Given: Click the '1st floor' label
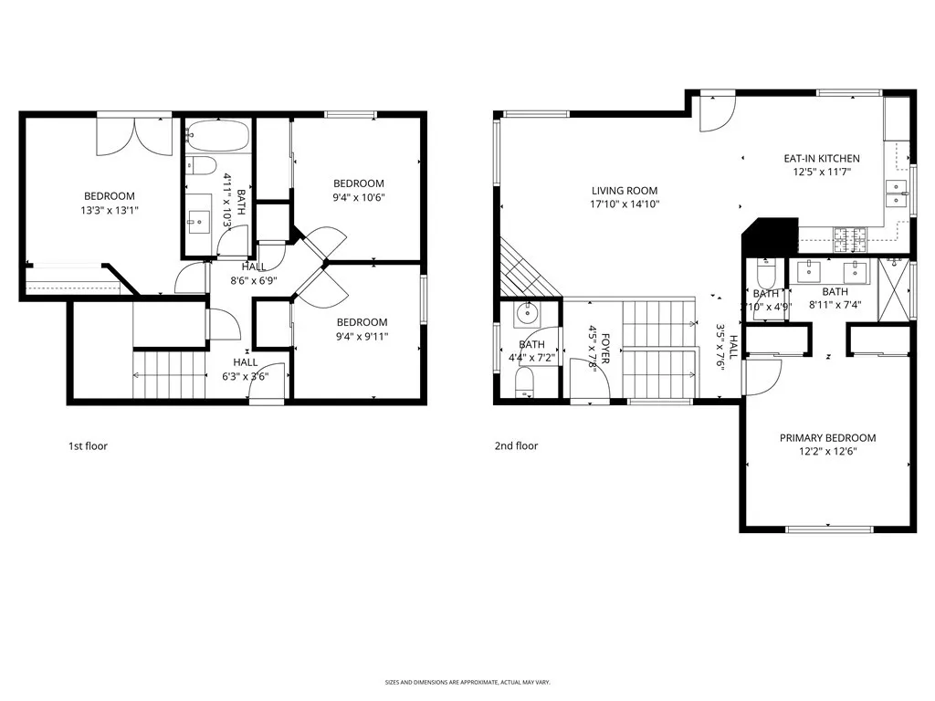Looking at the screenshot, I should (x=89, y=446).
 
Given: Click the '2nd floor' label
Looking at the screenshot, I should (x=516, y=446).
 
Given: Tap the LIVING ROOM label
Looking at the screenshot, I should (x=625, y=191).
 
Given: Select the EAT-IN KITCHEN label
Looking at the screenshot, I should (x=821, y=159).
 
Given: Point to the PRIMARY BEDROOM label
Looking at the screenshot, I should (x=827, y=438).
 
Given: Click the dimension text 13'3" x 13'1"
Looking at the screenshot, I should (x=110, y=210).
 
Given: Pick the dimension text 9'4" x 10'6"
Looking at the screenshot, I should (x=358, y=196).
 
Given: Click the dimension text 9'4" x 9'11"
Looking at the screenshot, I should (x=362, y=335).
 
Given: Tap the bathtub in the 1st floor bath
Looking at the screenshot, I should (x=217, y=137).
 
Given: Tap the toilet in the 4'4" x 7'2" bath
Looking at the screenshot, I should (x=524, y=382).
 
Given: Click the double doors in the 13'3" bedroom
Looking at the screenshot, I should (x=134, y=134).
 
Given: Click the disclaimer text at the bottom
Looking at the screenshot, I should (x=467, y=682).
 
